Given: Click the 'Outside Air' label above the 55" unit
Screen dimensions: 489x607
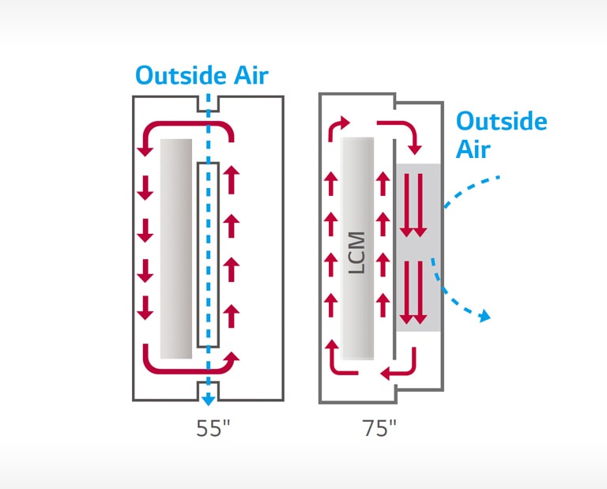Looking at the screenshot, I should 202,76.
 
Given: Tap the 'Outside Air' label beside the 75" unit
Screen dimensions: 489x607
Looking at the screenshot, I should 501,135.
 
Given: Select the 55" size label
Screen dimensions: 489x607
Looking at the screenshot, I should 213,429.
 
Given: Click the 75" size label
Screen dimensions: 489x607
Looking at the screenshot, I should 379,429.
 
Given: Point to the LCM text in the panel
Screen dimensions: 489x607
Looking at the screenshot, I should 357,252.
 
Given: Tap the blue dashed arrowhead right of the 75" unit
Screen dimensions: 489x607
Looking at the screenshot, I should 485,316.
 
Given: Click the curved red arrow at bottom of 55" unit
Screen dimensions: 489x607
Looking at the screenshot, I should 190,363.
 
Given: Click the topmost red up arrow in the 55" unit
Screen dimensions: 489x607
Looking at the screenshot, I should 231,179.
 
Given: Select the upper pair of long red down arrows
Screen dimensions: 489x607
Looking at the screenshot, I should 413,205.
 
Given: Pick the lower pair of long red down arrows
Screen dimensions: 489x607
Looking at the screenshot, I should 413,292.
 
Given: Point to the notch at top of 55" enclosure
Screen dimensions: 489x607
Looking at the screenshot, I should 208,103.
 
